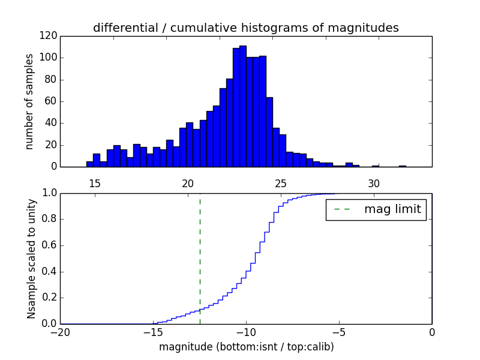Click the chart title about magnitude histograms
246,28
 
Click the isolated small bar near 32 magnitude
402,166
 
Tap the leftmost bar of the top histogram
90,164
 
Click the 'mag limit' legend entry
376,209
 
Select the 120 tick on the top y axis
49,36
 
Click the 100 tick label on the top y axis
49,58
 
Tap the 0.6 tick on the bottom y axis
50,245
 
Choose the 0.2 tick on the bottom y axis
50,298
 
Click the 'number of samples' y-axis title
29,101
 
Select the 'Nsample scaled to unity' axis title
31,259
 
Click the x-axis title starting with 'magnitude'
246,347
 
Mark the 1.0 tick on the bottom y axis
50,193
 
